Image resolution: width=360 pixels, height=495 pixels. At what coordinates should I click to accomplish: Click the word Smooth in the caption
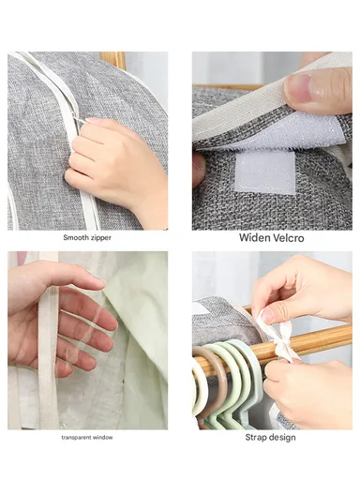click(x=75, y=237)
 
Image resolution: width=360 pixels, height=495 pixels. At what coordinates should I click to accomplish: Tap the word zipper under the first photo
click(x=100, y=237)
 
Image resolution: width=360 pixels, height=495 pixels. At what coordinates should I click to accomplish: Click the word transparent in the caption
click(x=80, y=437)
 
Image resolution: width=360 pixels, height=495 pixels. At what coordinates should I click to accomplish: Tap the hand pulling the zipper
click(x=117, y=169)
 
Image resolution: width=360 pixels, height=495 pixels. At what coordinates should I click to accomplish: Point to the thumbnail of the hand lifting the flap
click(x=319, y=89)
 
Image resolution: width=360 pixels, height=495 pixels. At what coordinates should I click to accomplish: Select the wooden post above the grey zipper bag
click(x=114, y=59)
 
